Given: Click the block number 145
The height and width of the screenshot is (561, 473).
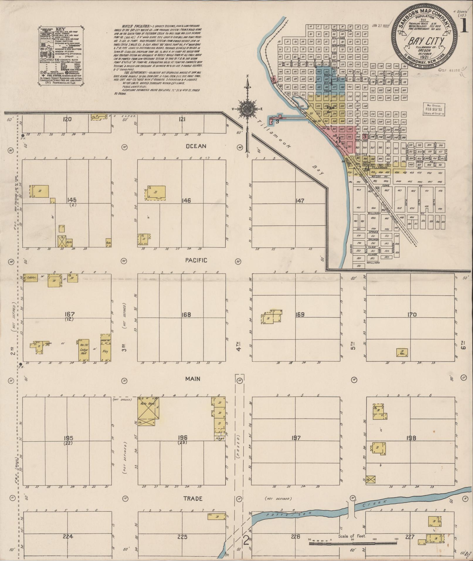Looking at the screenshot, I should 72,200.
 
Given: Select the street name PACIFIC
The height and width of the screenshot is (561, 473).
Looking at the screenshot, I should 196,260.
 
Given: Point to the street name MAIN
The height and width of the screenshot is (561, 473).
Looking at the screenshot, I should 193,379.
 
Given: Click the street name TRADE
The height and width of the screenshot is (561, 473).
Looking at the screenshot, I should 193,499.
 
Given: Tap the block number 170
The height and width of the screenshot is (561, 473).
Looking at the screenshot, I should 412,315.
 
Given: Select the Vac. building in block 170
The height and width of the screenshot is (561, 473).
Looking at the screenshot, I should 402,352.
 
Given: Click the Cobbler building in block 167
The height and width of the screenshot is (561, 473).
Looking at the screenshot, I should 28,277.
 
